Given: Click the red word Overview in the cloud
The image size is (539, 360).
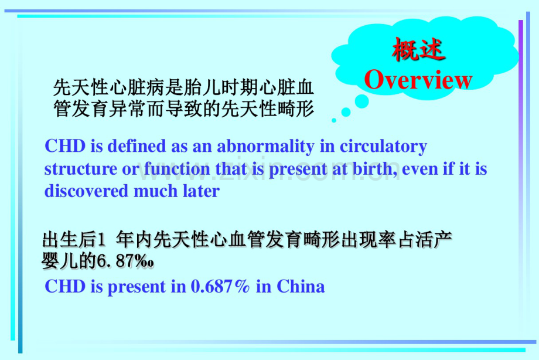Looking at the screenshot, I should pos(418,80).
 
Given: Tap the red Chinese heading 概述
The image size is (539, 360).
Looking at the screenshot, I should pos(418,51).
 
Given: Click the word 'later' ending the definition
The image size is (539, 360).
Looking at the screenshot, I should pos(202,191).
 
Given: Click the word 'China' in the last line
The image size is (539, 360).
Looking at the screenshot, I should pos(300,287).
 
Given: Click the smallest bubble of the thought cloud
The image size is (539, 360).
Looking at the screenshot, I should pos(334,120).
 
